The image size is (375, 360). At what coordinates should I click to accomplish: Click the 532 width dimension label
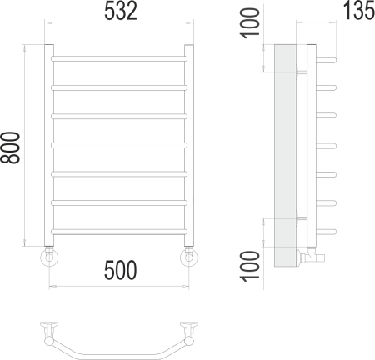pos(120,12)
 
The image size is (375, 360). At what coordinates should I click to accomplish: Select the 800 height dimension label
pos(12,147)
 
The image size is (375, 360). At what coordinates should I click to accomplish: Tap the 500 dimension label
pos(120,272)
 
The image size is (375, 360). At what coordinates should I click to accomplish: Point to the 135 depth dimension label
pos(357,12)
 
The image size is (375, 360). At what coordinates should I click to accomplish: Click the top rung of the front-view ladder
pos(120,58)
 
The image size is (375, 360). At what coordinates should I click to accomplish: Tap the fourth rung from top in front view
pos(120,145)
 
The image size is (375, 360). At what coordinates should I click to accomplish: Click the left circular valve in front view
pos(50,257)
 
